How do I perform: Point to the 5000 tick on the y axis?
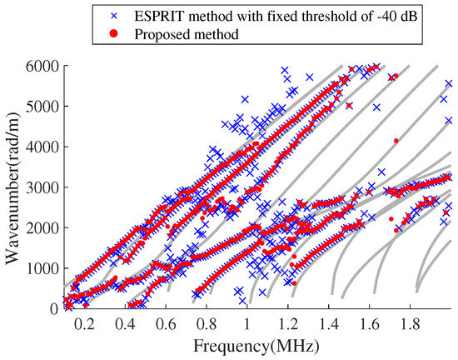[42, 107]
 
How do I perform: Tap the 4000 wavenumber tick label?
[42, 147]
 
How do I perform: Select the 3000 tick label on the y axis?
[42, 187]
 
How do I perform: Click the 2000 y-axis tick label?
[42, 227]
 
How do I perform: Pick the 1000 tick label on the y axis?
[42, 268]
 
